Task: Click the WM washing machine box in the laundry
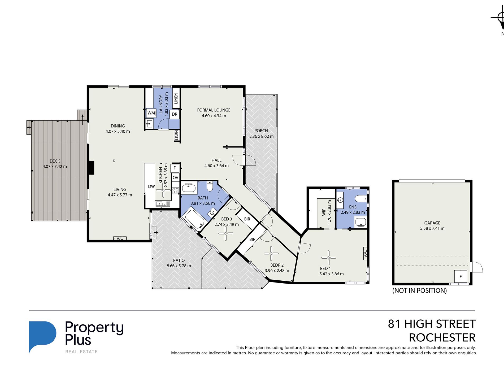pyautogui.click(x=151, y=113)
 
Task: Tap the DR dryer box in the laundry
pyautogui.click(x=174, y=114)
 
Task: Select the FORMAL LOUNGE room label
pyautogui.click(x=214, y=110)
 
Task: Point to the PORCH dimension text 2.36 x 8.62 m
pyautogui.click(x=261, y=137)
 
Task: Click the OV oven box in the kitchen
pyautogui.click(x=175, y=177)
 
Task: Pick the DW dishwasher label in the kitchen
pyautogui.click(x=151, y=186)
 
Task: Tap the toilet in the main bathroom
pyautogui.click(x=210, y=186)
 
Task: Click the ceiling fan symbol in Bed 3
pyautogui.click(x=226, y=233)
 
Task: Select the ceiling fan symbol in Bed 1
pyautogui.click(x=329, y=258)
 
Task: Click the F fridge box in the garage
pyautogui.click(x=461, y=276)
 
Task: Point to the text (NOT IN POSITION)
pyautogui.click(x=419, y=291)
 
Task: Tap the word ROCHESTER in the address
pyautogui.click(x=442, y=338)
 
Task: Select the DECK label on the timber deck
pyautogui.click(x=55, y=161)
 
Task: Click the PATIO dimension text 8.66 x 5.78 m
pyautogui.click(x=179, y=266)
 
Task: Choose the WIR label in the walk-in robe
pyautogui.click(x=324, y=212)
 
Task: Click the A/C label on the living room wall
pyautogui.click(x=120, y=238)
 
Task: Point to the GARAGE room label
pyautogui.click(x=432, y=223)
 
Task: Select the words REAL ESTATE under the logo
pyautogui.click(x=81, y=352)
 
